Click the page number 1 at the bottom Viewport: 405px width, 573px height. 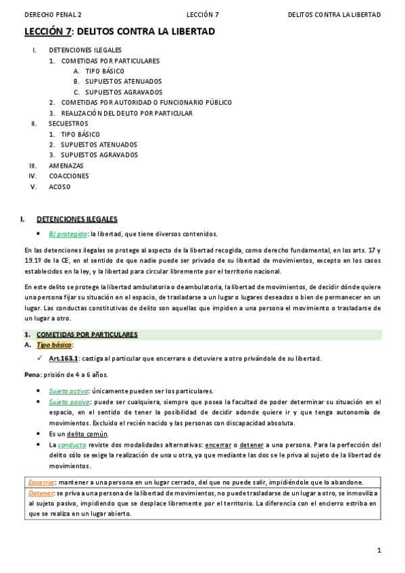point(379,550)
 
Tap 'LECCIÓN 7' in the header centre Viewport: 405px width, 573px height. point(202,14)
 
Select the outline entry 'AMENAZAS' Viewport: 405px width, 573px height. point(66,166)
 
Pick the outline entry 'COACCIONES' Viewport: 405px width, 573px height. point(69,176)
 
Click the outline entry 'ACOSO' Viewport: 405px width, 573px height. point(59,186)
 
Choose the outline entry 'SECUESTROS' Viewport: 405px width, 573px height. point(68,124)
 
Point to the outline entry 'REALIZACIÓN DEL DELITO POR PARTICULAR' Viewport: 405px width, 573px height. point(126,113)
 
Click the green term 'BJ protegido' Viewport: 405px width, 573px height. point(68,234)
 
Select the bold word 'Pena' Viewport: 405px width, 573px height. point(32,374)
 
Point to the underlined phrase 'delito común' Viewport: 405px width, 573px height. point(87,434)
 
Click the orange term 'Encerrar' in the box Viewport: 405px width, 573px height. point(41,482)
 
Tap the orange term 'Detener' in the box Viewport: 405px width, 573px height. point(41,493)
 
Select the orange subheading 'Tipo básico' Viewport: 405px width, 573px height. point(53,345)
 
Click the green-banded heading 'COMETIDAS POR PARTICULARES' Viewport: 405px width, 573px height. point(87,334)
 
